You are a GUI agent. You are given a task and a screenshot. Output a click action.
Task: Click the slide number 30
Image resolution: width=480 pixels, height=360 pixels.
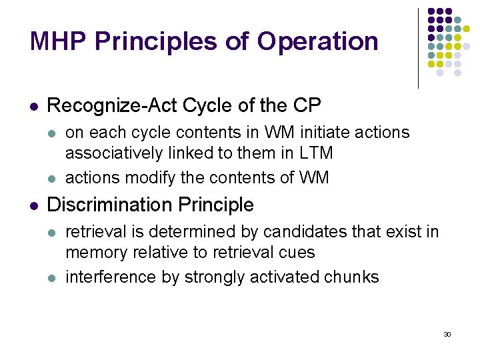coord(447,334)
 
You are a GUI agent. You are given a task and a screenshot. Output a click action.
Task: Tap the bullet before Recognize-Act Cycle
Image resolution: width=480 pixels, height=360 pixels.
coord(33,106)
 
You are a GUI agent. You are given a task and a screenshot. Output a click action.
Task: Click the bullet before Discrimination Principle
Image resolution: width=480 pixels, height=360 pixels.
coord(33,205)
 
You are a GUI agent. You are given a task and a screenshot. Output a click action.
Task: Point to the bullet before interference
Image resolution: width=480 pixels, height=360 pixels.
coord(51,278)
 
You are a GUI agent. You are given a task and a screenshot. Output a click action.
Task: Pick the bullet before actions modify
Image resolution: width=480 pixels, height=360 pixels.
coord(51,179)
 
